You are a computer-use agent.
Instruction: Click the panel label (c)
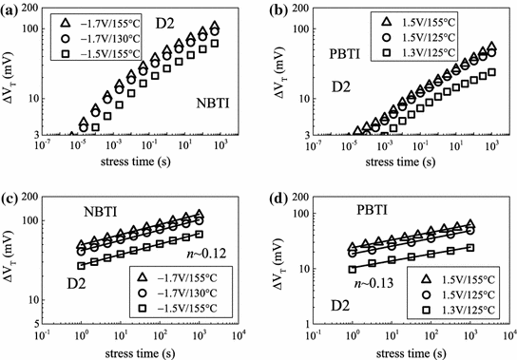(12, 196)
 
